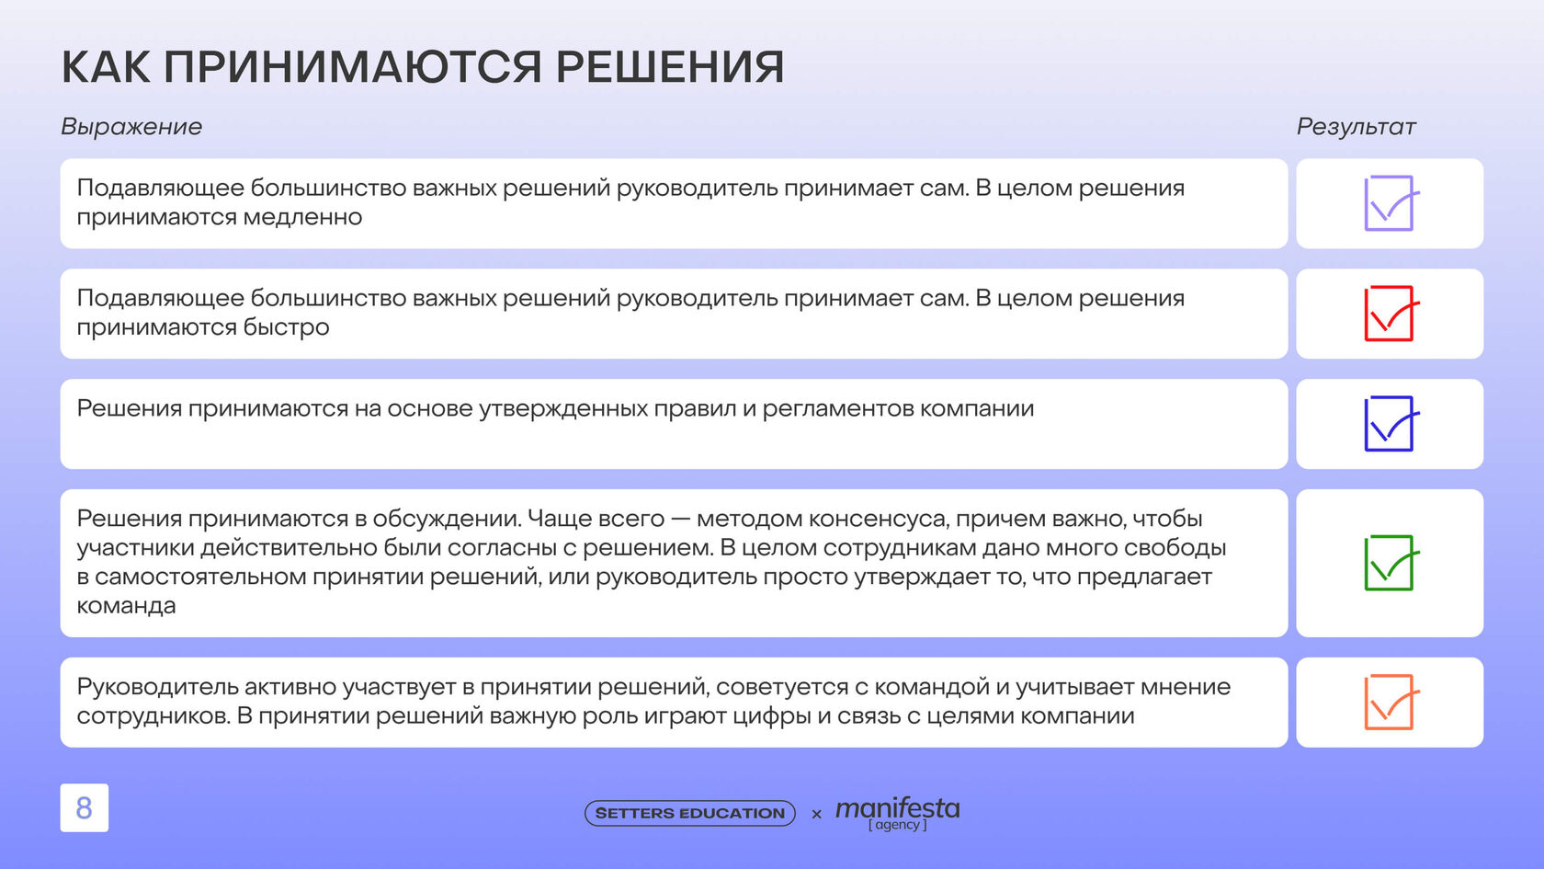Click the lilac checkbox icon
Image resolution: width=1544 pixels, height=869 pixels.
(1389, 204)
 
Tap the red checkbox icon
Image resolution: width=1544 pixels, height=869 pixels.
(1389, 314)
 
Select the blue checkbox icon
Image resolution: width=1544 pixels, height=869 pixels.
(1389, 424)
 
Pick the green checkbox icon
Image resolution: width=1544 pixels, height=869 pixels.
(1389, 564)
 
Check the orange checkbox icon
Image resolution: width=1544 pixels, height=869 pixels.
(1389, 703)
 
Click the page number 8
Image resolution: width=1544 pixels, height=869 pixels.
(85, 807)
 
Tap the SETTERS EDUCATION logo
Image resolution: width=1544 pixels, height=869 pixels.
(690, 813)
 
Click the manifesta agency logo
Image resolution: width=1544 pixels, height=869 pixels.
(897, 813)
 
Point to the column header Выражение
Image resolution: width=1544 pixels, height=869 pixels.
(131, 127)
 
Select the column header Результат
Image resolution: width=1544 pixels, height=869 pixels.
(1356, 127)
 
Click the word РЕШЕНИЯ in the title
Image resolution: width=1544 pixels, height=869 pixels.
(670, 67)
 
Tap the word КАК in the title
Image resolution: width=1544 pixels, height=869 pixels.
(106, 67)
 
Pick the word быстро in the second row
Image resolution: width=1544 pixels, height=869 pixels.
(286, 327)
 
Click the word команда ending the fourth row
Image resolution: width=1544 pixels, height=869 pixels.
(126, 605)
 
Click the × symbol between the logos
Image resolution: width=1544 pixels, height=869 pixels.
(816, 815)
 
